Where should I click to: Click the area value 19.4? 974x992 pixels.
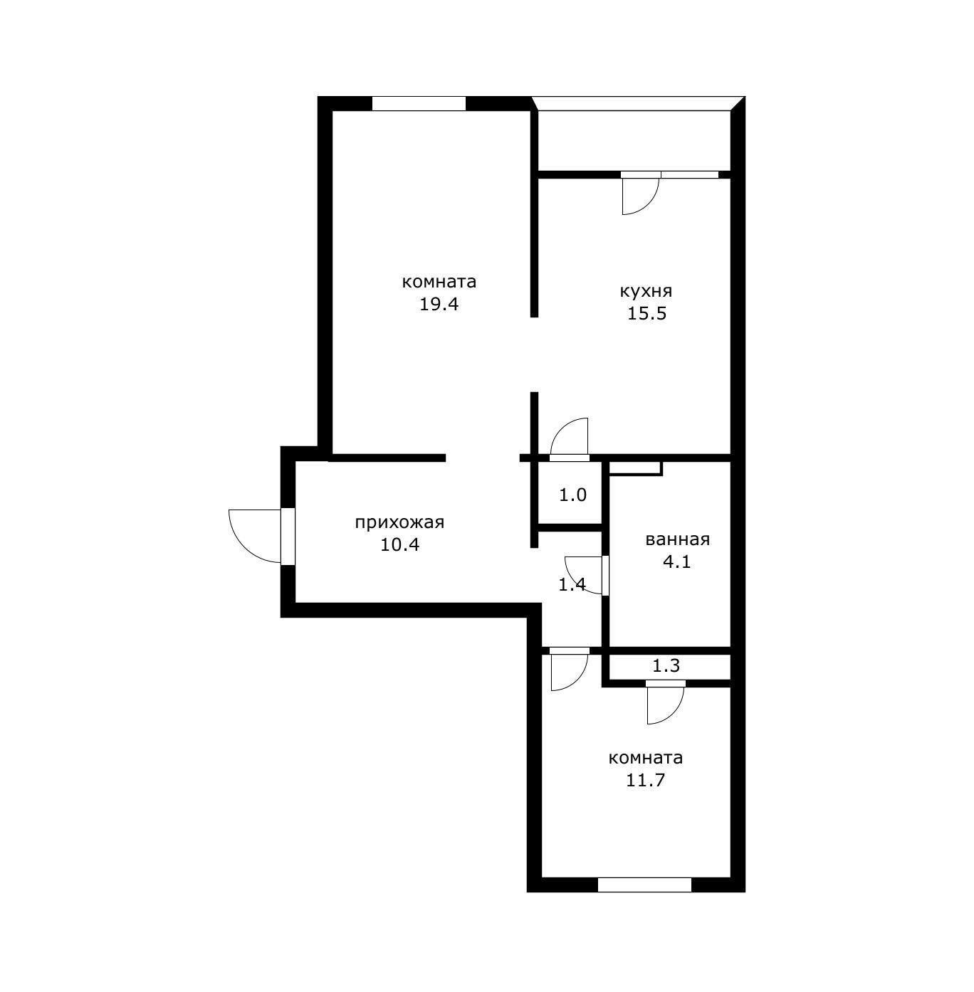tap(439, 305)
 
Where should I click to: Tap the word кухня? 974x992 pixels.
tap(646, 292)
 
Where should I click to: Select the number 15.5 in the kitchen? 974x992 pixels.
tap(646, 314)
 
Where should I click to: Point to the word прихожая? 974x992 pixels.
tap(399, 523)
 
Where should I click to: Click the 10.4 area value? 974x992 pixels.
tap(400, 544)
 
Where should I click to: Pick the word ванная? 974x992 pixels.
tap(677, 539)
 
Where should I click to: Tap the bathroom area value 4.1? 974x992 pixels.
tap(677, 561)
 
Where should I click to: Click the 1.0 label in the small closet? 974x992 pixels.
tap(572, 495)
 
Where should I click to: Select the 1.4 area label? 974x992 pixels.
tap(572, 585)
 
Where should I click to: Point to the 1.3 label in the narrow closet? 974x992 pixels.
tap(666, 666)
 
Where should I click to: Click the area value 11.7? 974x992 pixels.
tap(645, 781)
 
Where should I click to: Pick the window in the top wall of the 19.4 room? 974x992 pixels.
tap(419, 103)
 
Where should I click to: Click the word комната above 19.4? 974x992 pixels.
tap(439, 282)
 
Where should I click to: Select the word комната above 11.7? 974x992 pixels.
tap(645, 759)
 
